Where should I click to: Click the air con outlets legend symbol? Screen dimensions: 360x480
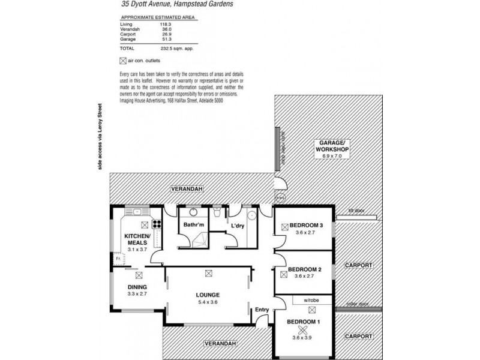[x=123, y=60]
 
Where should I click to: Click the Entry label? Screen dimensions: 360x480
[x=262, y=309]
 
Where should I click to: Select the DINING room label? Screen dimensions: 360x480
[x=137, y=287]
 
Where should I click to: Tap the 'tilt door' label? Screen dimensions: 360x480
[x=358, y=211]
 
